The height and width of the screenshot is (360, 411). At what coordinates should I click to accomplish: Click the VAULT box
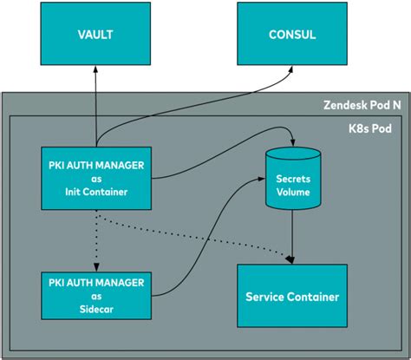click(96, 36)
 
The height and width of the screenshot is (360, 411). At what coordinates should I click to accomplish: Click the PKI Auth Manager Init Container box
click(96, 173)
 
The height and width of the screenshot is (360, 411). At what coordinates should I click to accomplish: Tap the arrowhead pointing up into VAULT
click(96, 75)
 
